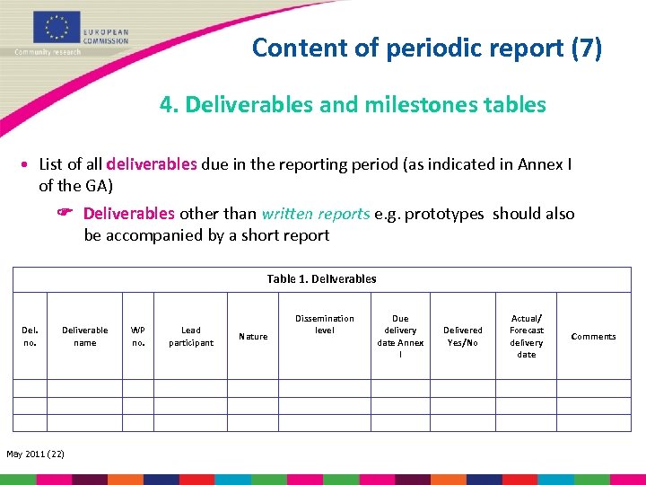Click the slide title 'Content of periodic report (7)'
click(427, 47)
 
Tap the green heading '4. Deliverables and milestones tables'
click(353, 105)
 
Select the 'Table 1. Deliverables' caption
click(321, 278)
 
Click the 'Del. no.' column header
click(29, 336)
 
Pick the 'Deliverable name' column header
click(84, 336)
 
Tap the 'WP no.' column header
click(138, 336)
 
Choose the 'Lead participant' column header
click(191, 336)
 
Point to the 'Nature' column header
click(253, 337)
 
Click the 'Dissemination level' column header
click(324, 324)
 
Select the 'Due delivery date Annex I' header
click(400, 336)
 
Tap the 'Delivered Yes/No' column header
click(463, 336)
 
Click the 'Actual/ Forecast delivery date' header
click(527, 336)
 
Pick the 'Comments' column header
click(594, 337)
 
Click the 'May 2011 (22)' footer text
click(35, 452)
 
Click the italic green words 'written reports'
click(315, 214)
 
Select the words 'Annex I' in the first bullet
click(546, 164)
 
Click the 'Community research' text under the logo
click(48, 52)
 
